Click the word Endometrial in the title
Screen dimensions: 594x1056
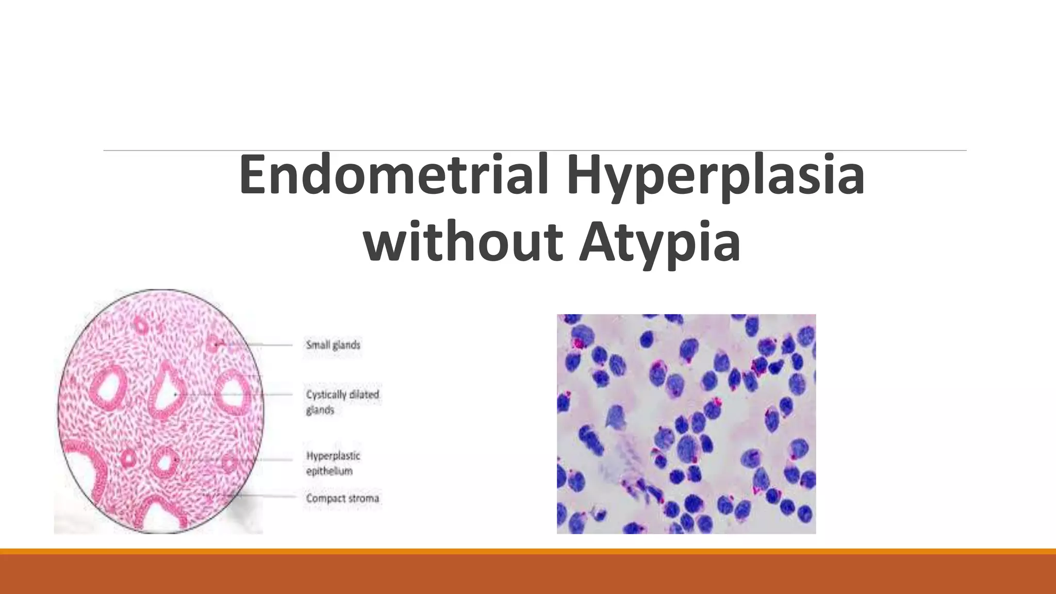tap(393, 175)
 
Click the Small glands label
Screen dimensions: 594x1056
tap(333, 344)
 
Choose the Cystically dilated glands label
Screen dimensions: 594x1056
tap(342, 402)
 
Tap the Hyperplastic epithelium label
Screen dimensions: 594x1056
tap(333, 463)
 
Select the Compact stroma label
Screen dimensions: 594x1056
tap(342, 498)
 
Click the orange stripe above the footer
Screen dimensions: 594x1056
tap(528, 551)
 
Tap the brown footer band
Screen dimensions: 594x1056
tap(528, 574)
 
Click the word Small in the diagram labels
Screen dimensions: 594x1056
tap(316, 344)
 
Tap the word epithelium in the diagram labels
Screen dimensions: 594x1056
tap(329, 471)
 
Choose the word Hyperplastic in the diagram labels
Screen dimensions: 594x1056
tap(333, 456)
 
